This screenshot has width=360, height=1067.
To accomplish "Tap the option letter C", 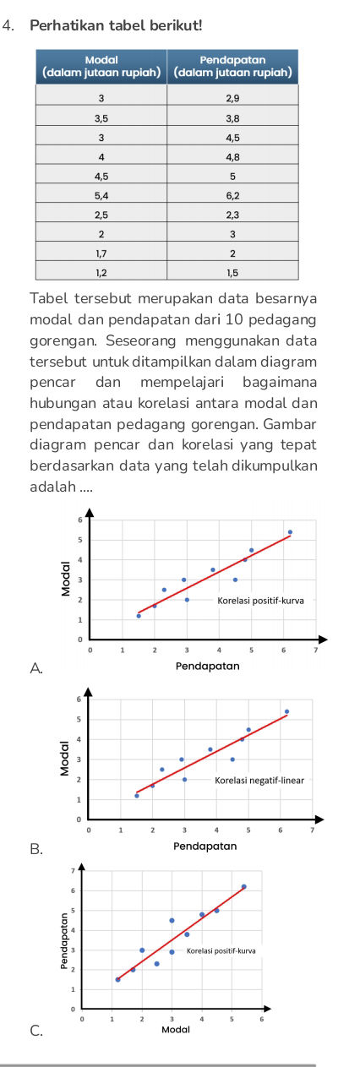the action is (x=35, y=1030).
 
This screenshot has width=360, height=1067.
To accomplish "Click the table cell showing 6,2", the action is (x=232, y=193).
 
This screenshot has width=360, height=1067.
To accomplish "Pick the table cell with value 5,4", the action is (x=101, y=193).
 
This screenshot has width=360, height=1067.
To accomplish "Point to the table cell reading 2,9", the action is (x=232, y=99).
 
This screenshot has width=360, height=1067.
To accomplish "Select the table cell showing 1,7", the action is (x=101, y=253).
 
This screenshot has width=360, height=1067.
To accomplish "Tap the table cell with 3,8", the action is (x=232, y=118).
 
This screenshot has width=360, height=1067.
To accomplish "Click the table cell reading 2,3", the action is (x=232, y=214).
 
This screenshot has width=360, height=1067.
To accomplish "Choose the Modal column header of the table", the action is (x=101, y=66).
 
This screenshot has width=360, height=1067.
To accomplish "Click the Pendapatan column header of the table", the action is (x=232, y=66).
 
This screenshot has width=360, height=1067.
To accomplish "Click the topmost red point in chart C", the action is (x=243, y=887).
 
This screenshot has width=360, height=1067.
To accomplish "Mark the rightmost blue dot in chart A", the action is (x=290, y=532).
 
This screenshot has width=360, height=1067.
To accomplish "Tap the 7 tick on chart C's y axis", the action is (x=73, y=869).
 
